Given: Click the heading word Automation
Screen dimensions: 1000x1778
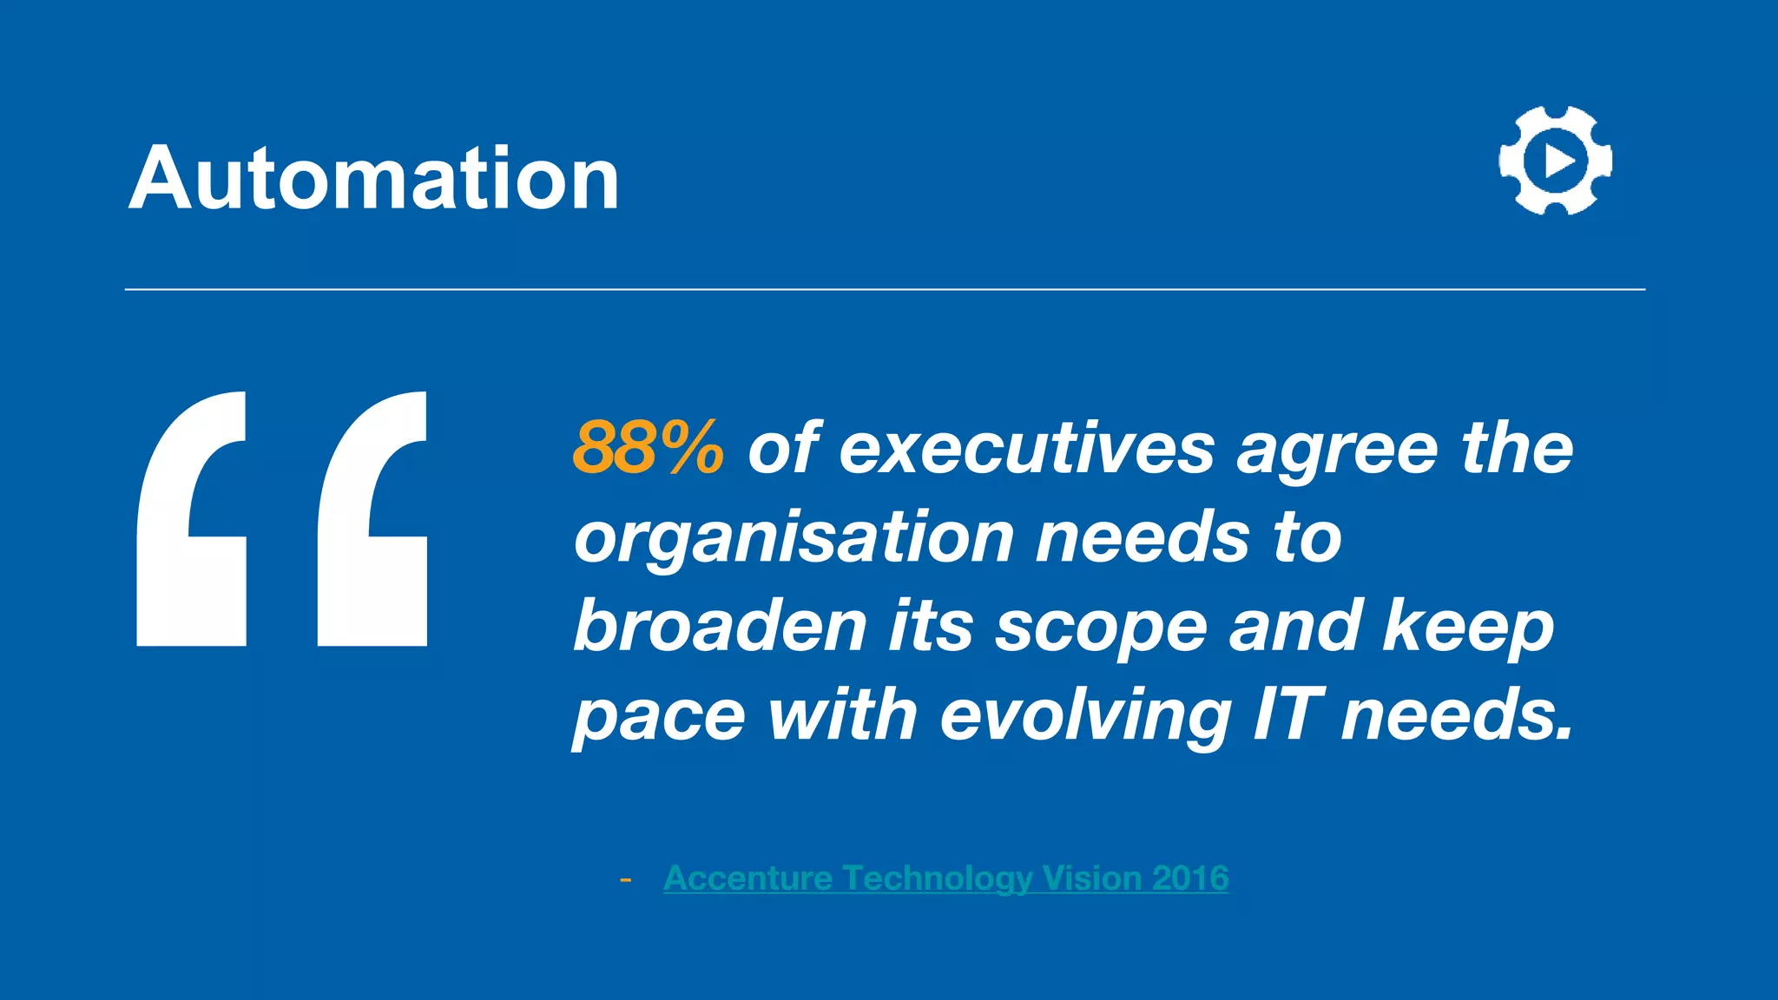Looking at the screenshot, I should click(374, 179).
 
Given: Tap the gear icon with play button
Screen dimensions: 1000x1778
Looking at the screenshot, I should click(1555, 161).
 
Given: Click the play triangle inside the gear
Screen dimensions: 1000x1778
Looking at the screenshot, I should click(1559, 161).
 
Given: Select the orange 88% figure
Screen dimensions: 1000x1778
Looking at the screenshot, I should click(648, 448).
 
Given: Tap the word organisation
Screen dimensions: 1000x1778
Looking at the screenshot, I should click(794, 538).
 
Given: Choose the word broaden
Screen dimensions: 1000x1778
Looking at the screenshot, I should click(720, 626).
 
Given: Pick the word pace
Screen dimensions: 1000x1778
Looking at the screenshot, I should click(660, 717).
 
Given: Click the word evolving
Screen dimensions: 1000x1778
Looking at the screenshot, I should click(1085, 717).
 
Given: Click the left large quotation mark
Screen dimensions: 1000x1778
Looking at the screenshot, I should click(192, 519).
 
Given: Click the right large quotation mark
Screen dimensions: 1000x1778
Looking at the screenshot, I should click(372, 519).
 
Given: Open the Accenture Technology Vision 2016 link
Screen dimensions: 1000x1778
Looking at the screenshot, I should click(945, 878).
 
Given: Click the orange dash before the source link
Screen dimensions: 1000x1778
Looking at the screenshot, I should click(625, 880).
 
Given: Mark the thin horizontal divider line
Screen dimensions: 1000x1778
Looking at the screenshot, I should click(885, 289).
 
